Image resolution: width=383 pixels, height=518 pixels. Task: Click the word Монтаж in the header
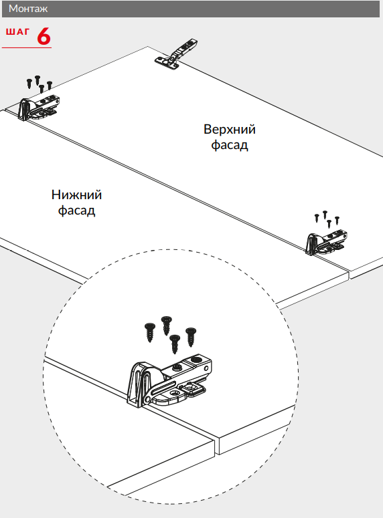pos(28,9)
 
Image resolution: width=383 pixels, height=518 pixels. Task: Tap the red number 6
pos(44,36)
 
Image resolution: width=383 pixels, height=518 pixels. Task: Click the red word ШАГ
pos(17,31)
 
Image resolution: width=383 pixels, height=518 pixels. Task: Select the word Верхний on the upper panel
pos(230,129)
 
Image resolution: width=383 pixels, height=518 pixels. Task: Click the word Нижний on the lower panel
pos(76,195)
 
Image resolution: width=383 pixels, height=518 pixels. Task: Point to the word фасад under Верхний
pos(230,144)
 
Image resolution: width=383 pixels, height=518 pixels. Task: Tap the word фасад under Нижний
pos(76,211)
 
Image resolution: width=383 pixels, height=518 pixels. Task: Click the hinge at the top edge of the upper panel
pos(177,54)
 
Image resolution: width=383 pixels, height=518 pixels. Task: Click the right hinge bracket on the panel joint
pos(326,242)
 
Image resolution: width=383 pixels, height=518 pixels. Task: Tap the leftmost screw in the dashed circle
pos(150,333)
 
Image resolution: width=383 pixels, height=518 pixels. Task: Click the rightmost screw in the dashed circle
pos(191,337)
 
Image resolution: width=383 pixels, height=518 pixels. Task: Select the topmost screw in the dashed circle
pos(167,326)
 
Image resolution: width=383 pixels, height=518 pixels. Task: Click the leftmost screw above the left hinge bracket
pos(29,84)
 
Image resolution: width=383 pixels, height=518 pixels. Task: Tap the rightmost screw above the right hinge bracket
pos(337,221)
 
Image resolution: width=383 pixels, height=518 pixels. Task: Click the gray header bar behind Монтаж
pos(191,9)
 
